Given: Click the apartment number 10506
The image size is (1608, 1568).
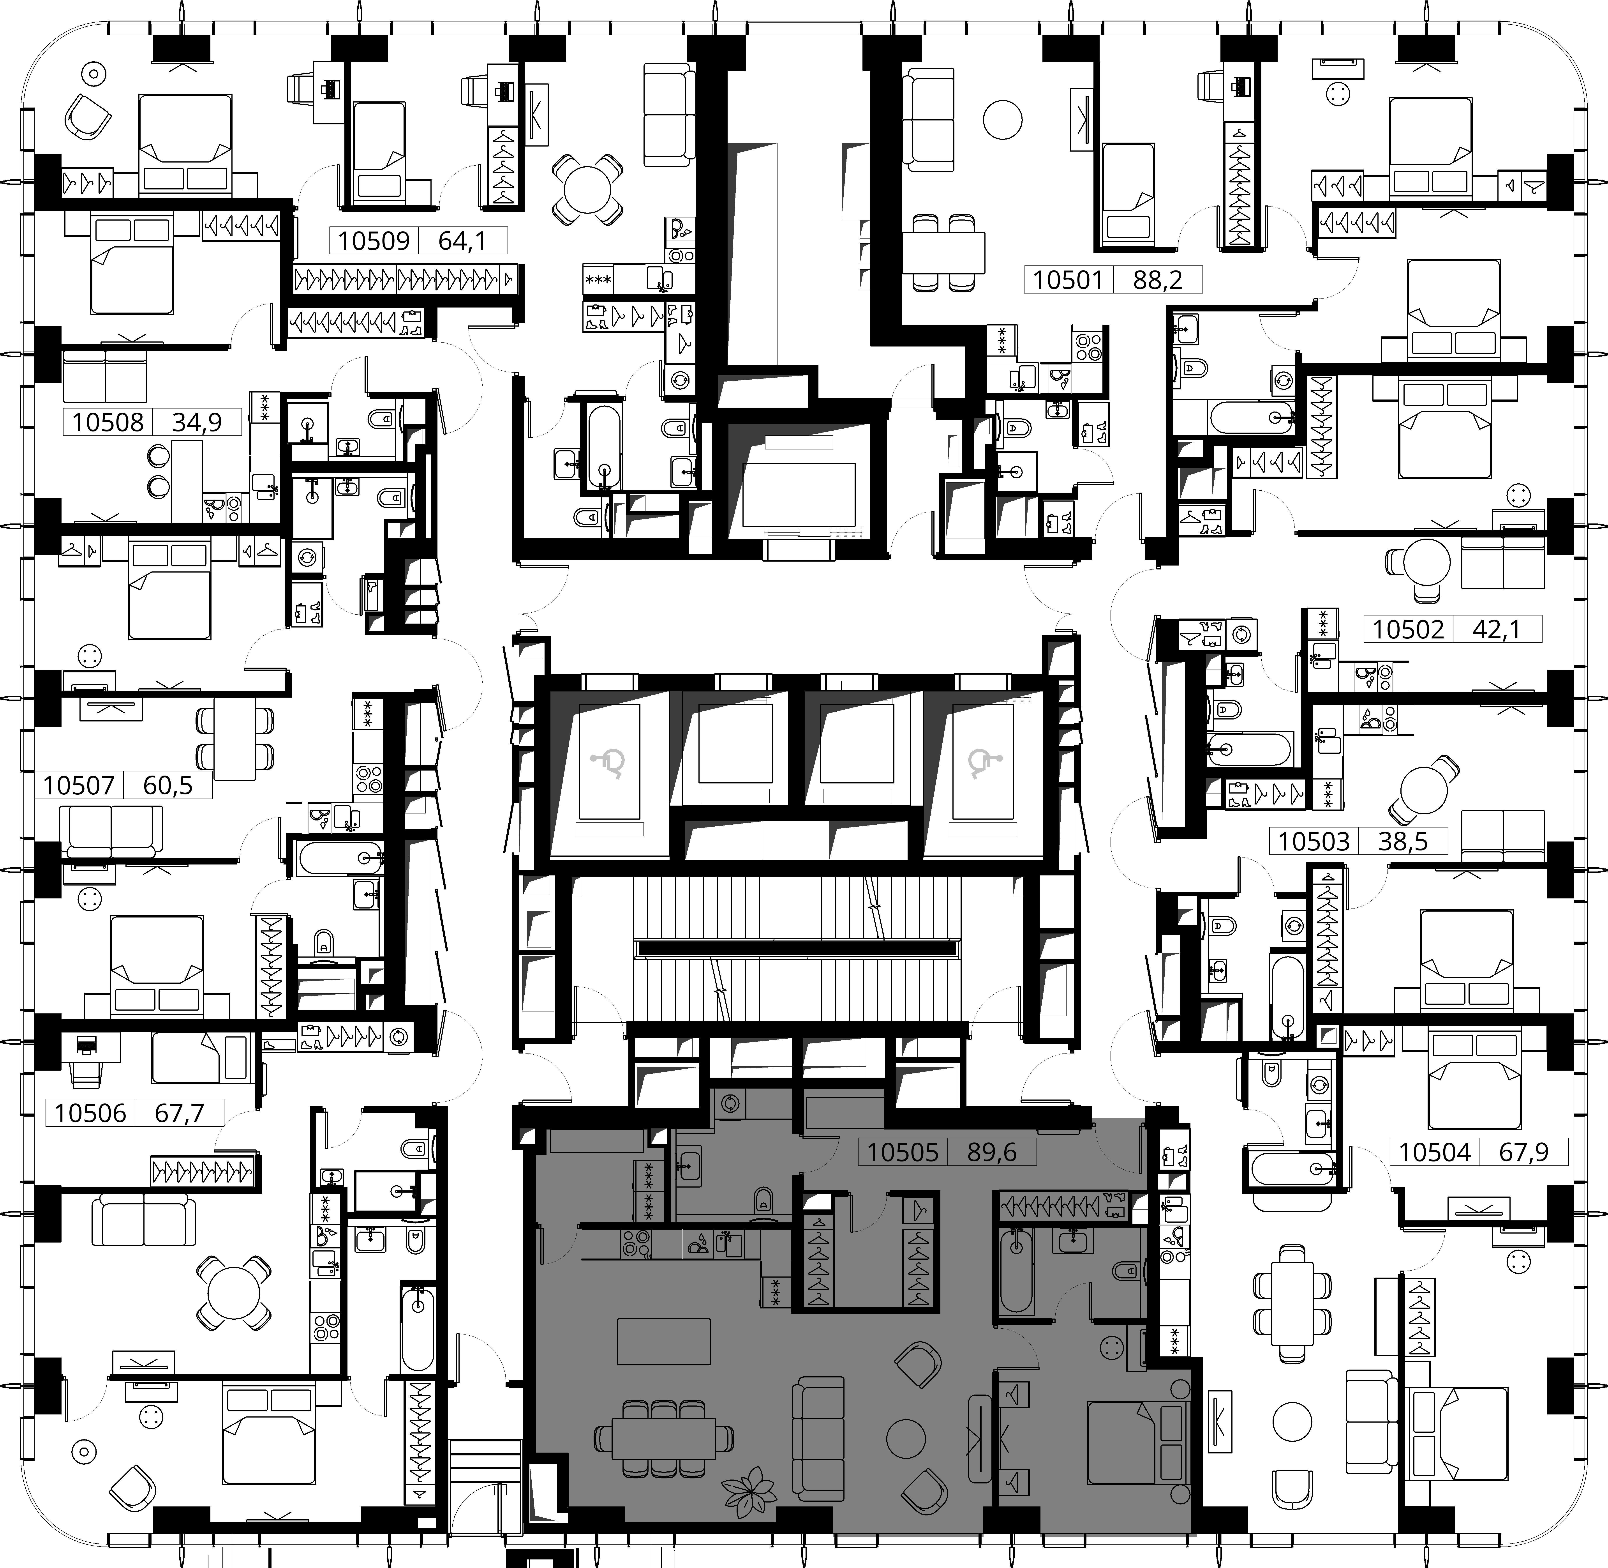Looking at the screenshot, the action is point(91,1113).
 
